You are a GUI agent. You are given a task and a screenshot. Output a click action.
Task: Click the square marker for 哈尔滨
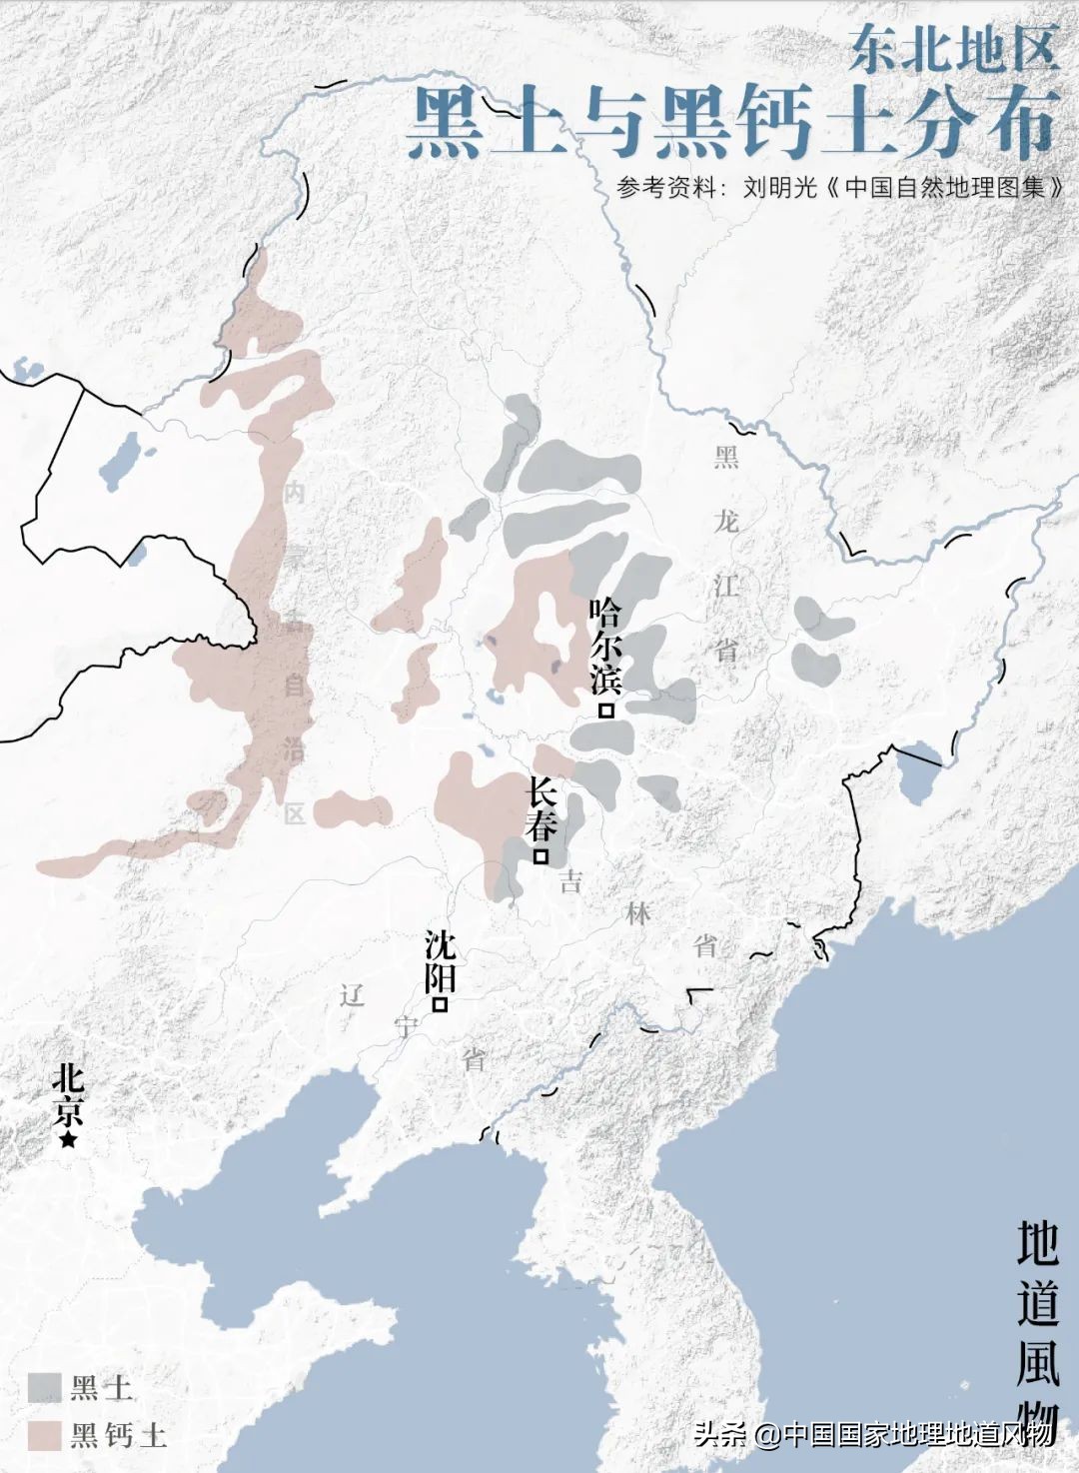[x=605, y=711]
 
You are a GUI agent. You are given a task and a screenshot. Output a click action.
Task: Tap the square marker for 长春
[x=541, y=856]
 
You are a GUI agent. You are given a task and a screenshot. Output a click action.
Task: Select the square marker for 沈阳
[x=439, y=1005]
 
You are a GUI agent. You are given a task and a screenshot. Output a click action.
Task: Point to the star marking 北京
[x=68, y=1139]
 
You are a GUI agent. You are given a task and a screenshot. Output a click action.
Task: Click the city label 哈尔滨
[x=605, y=646]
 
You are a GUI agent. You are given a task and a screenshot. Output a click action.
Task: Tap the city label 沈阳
[x=440, y=960]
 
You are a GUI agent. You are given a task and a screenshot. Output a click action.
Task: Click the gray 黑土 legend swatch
[x=44, y=1387]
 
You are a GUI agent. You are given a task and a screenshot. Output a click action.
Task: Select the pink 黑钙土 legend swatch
[x=44, y=1435]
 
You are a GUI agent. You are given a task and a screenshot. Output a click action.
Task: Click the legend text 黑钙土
[x=118, y=1436]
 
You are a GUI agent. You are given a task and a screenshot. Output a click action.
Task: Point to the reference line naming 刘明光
[x=839, y=187]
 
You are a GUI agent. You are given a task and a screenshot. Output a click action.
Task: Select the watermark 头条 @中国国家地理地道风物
[x=874, y=1434]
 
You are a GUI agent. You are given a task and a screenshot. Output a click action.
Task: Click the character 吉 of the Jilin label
[x=570, y=880]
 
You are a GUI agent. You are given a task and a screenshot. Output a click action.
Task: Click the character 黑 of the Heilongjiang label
[x=726, y=458]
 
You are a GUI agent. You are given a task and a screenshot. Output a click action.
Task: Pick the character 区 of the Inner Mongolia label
[x=294, y=813]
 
